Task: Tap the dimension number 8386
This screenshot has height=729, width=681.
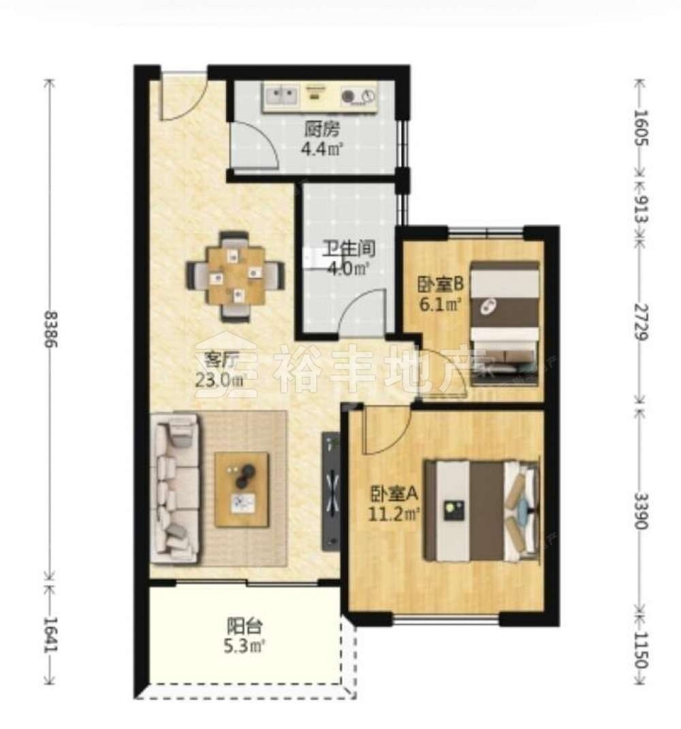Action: coord(50,329)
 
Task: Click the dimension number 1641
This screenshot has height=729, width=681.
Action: coord(50,635)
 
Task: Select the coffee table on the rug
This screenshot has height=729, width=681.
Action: coord(242,490)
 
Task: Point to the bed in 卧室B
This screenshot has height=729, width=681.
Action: coord(505,324)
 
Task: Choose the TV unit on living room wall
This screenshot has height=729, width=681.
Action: coord(331,492)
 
